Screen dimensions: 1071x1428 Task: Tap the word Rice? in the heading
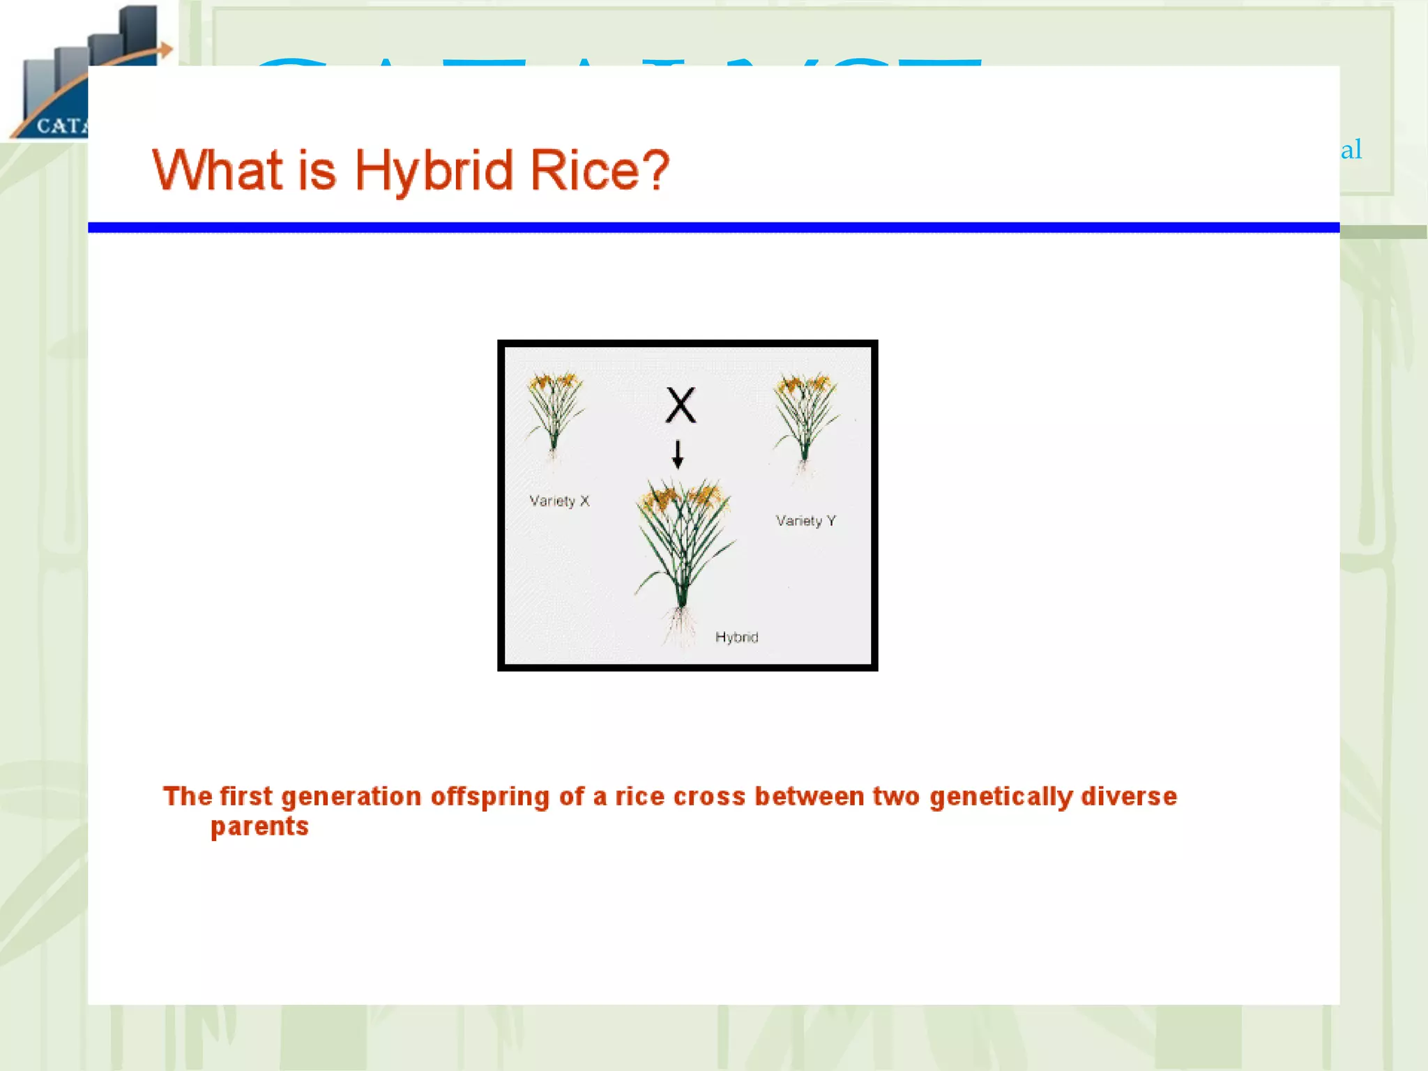[599, 170]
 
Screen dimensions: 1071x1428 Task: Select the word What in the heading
[217, 170]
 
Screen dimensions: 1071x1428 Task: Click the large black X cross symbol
[680, 405]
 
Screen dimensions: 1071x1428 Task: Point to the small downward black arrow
[677, 455]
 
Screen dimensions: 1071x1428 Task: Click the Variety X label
[559, 501]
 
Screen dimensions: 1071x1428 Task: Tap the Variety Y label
[805, 521]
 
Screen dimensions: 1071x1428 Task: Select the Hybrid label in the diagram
[736, 637]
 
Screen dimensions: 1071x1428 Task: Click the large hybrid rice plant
[682, 537]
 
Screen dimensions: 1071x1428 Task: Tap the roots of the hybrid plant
[680, 624]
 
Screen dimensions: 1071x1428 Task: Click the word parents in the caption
[259, 827]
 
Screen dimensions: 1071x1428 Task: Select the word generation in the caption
[351, 796]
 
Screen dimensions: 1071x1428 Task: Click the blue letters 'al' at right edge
[1351, 149]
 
